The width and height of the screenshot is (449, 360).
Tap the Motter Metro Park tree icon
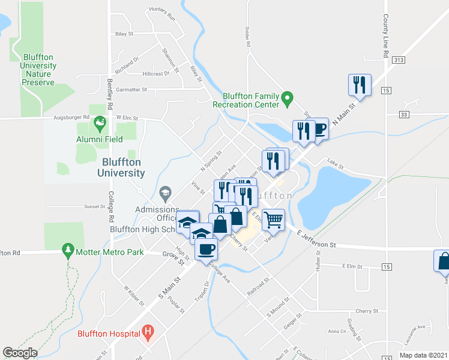click(68, 251)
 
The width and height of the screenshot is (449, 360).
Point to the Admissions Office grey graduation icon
click(164, 193)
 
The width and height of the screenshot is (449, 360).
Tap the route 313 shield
click(399, 61)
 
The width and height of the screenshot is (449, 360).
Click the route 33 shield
click(403, 114)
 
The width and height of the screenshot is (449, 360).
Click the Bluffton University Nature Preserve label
click(38, 66)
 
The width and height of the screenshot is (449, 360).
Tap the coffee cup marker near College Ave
click(206, 249)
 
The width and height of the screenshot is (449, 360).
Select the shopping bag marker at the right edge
click(443, 261)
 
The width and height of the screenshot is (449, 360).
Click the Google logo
click(20, 353)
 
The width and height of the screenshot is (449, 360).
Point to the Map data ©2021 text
click(423, 355)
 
